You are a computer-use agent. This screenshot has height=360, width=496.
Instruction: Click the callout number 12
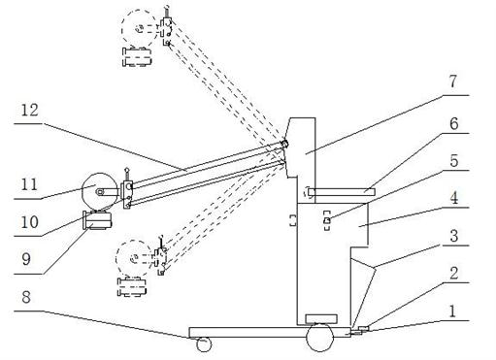tap(29, 111)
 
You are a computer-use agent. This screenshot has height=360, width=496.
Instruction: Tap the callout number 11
tap(29, 184)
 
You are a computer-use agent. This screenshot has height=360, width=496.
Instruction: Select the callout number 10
tap(29, 222)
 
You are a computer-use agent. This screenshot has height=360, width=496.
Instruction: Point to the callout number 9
tap(26, 259)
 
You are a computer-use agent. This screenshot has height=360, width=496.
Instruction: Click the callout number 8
tap(26, 297)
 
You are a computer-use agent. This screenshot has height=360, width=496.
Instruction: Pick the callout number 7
tap(452, 82)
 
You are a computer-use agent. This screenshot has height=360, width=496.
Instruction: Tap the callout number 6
tap(454, 123)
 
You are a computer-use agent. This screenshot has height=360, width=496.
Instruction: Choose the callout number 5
tap(454, 161)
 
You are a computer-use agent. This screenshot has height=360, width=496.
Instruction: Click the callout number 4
tap(454, 198)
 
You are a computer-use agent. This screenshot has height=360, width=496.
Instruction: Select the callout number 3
tap(454, 236)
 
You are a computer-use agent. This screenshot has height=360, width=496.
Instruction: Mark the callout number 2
tap(454, 274)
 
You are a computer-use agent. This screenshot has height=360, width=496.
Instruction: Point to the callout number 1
tap(453, 311)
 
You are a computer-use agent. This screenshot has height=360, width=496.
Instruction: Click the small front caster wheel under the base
tap(204, 344)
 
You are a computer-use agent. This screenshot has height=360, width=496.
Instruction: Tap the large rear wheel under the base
tap(319, 338)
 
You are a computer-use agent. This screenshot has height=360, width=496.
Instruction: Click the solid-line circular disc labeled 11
tap(100, 191)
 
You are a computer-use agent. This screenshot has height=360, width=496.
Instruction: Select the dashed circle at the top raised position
tap(140, 29)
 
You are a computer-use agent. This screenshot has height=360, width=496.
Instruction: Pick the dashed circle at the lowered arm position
tap(134, 258)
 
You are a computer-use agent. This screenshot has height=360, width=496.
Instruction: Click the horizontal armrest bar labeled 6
tap(342, 192)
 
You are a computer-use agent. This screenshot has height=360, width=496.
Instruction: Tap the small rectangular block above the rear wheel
tap(321, 318)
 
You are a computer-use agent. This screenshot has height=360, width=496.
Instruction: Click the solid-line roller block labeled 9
tap(98, 220)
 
